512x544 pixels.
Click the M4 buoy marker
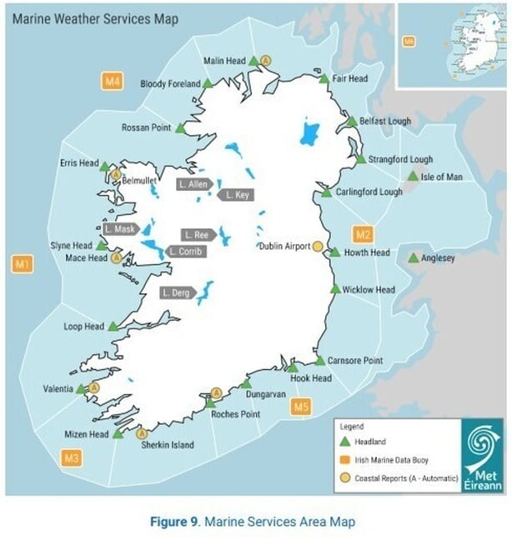click(x=113, y=81)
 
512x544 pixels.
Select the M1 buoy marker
click(x=23, y=265)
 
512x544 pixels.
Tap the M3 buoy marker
click(x=72, y=457)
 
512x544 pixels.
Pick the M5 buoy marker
click(x=302, y=407)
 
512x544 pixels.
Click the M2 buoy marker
click(x=362, y=233)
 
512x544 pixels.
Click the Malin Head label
click(x=224, y=61)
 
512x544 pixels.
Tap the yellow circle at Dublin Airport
click(x=318, y=247)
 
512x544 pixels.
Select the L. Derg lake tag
click(x=178, y=292)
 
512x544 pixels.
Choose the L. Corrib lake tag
click(x=184, y=252)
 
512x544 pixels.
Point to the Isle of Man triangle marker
click(x=413, y=177)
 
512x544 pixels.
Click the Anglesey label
click(x=439, y=258)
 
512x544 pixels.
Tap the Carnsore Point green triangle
click(x=319, y=361)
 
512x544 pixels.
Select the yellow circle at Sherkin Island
click(x=141, y=432)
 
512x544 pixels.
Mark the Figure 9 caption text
click(x=253, y=522)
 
